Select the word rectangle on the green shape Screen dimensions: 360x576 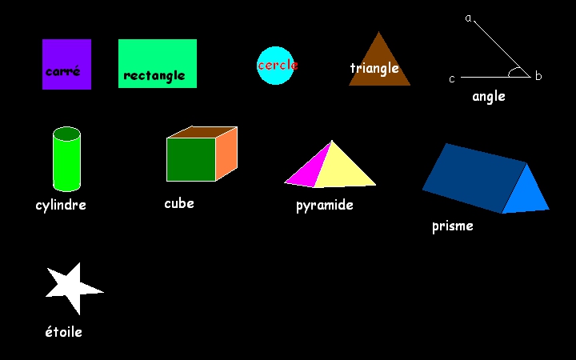(x=154, y=76)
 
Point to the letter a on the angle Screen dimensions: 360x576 (x=469, y=18)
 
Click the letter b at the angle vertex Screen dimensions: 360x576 (x=538, y=77)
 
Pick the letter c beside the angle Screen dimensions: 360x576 (x=452, y=78)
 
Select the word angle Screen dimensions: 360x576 (x=488, y=97)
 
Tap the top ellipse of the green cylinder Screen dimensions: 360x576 (x=66, y=134)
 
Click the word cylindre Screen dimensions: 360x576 (x=61, y=206)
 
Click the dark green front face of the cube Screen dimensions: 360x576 (x=190, y=159)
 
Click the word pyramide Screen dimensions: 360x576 (x=324, y=206)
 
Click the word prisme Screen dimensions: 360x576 (x=452, y=226)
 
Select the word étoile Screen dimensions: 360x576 (x=63, y=331)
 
